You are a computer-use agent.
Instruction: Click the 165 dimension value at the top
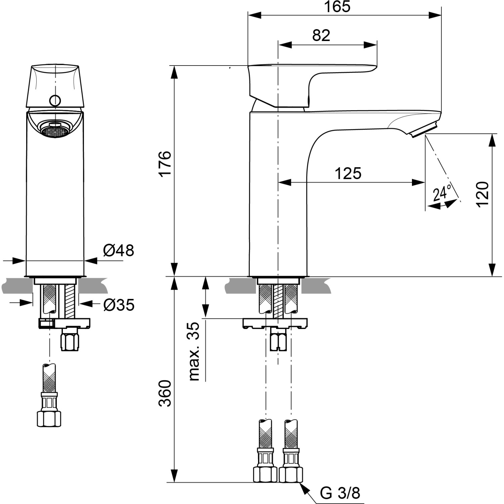tap(337, 7)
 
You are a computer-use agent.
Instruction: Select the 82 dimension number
tap(321, 35)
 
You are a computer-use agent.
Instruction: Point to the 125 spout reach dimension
tap(348, 173)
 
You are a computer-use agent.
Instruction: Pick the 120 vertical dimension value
tap(482, 194)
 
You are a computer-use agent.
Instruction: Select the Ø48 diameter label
tap(118, 250)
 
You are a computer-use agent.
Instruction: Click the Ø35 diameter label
tap(119, 305)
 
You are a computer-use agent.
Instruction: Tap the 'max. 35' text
tap(194, 351)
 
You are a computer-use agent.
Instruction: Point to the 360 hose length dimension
tap(165, 393)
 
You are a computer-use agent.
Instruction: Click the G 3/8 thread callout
tap(340, 493)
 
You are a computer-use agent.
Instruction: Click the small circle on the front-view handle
tap(55, 100)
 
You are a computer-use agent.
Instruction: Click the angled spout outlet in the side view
tap(424, 130)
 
